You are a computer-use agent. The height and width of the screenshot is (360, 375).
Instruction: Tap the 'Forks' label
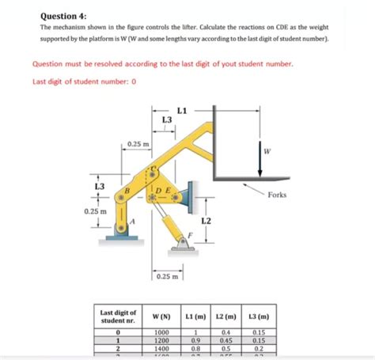point(277,195)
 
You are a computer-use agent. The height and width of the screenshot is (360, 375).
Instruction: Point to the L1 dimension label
point(182,109)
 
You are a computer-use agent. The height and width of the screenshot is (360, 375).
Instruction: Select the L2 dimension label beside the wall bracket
point(206,221)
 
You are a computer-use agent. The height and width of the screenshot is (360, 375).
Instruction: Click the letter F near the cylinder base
point(188,235)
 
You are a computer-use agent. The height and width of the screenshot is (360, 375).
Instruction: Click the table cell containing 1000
point(162,332)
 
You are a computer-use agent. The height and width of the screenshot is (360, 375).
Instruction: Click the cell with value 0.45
point(226,340)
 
